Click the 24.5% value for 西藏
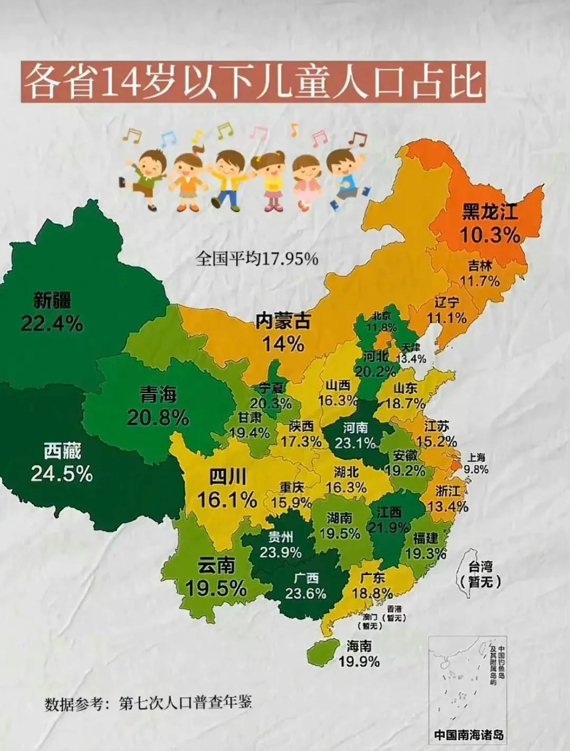point(61,474)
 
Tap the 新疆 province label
point(52,301)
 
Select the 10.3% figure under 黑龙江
point(490,234)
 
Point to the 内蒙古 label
point(283,321)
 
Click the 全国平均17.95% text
point(257,259)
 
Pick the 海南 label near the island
point(359,646)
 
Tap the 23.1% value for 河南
point(355,442)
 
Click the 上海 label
point(476,458)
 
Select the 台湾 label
point(481,568)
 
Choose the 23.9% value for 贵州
point(281,553)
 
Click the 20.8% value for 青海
point(157,418)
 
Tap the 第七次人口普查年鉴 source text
point(185,702)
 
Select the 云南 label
point(216,566)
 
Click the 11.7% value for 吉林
point(480,281)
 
